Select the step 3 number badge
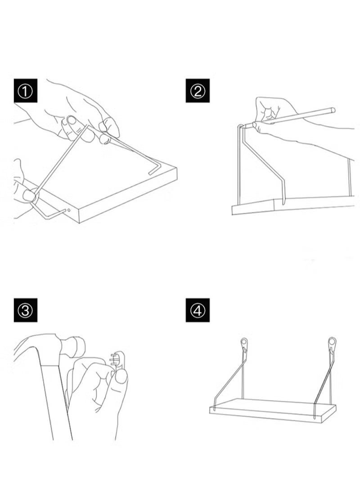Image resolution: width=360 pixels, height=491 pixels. (x=25, y=311)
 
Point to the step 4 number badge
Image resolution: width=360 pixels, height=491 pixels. (x=198, y=311)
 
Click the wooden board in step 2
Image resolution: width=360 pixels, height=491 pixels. (x=292, y=205)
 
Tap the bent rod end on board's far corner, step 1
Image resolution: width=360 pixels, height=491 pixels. (x=153, y=168)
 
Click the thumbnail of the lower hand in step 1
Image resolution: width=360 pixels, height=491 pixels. (x=28, y=195)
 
